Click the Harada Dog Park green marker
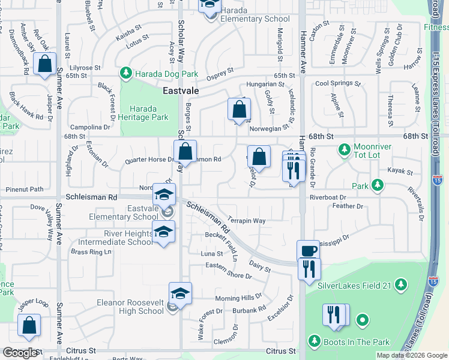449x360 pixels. [x=125, y=74]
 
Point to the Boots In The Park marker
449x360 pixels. [x=314, y=342]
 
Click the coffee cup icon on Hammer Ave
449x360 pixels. [x=309, y=250]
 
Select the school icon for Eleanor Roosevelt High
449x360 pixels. [x=180, y=293]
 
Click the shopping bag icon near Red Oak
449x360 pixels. [x=45, y=64]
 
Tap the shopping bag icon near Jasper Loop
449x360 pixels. [x=29, y=325]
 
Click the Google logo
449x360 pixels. [x=20, y=353]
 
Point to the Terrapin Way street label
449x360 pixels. [x=246, y=220]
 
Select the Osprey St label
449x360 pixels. [x=219, y=73]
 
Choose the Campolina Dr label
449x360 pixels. [x=90, y=127]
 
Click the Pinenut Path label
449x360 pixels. [x=25, y=189]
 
